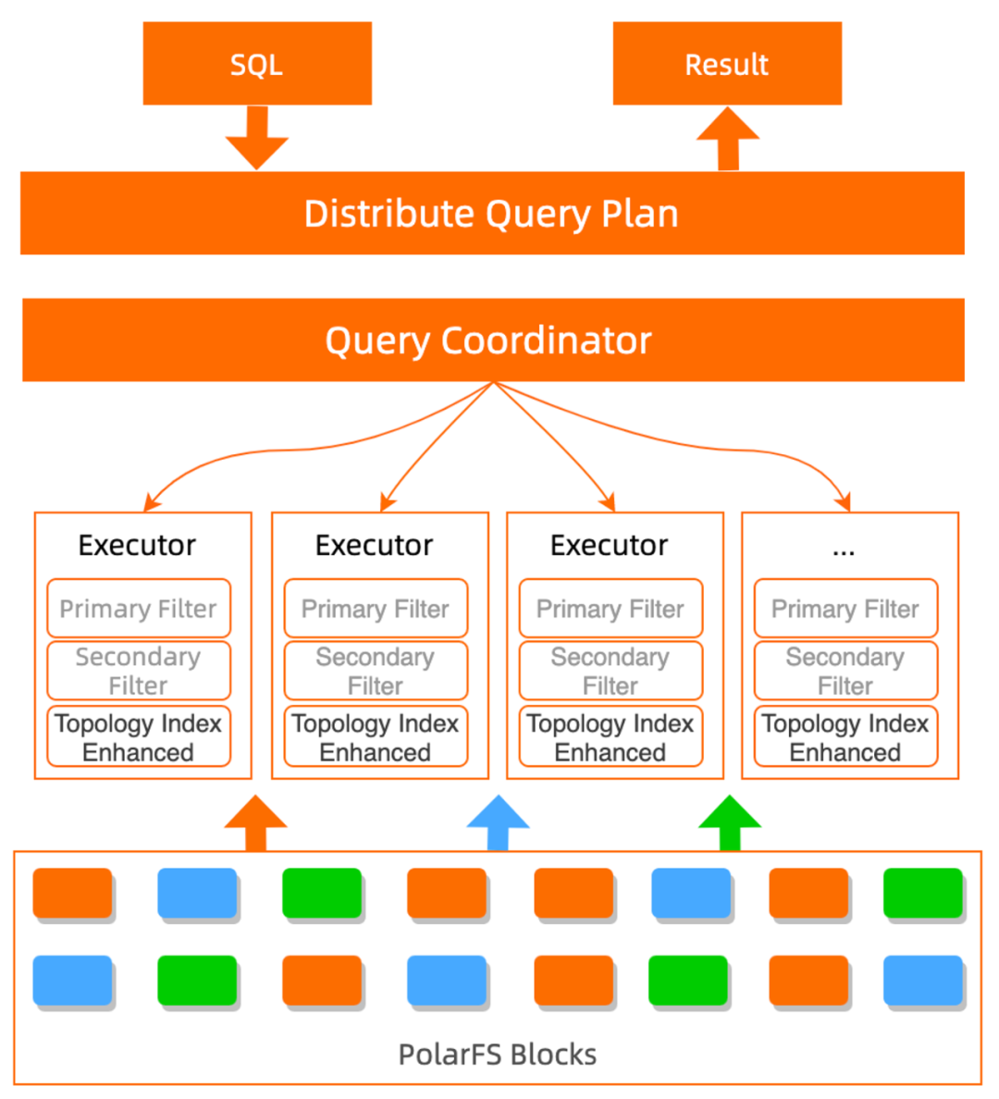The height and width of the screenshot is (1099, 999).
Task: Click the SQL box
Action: [256, 64]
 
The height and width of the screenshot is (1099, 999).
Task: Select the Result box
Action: [727, 64]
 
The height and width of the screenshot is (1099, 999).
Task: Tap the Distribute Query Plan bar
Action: [492, 213]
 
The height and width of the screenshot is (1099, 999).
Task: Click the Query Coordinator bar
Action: [492, 340]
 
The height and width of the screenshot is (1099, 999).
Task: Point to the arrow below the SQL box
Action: [257, 137]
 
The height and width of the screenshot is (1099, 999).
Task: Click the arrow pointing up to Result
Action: [728, 139]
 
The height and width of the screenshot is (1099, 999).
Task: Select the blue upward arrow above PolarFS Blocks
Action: [499, 822]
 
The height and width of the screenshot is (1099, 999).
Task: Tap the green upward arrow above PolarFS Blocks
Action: [730, 822]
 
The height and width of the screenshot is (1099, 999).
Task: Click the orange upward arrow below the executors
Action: [255, 822]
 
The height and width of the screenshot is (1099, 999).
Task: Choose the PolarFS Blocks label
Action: [498, 1055]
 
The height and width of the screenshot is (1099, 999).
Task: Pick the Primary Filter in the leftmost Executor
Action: [139, 609]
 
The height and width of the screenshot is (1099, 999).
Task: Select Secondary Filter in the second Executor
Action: [376, 671]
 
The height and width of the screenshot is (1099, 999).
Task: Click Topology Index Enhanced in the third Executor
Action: [610, 737]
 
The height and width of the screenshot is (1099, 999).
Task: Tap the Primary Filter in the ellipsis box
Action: [845, 609]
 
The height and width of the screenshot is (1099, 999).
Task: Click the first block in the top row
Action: [72, 893]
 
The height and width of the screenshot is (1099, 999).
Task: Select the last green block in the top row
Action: [922, 893]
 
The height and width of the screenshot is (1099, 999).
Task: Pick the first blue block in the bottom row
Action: [72, 980]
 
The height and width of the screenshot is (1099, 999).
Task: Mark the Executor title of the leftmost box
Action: [137, 546]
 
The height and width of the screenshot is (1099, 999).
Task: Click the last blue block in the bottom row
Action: [922, 980]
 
